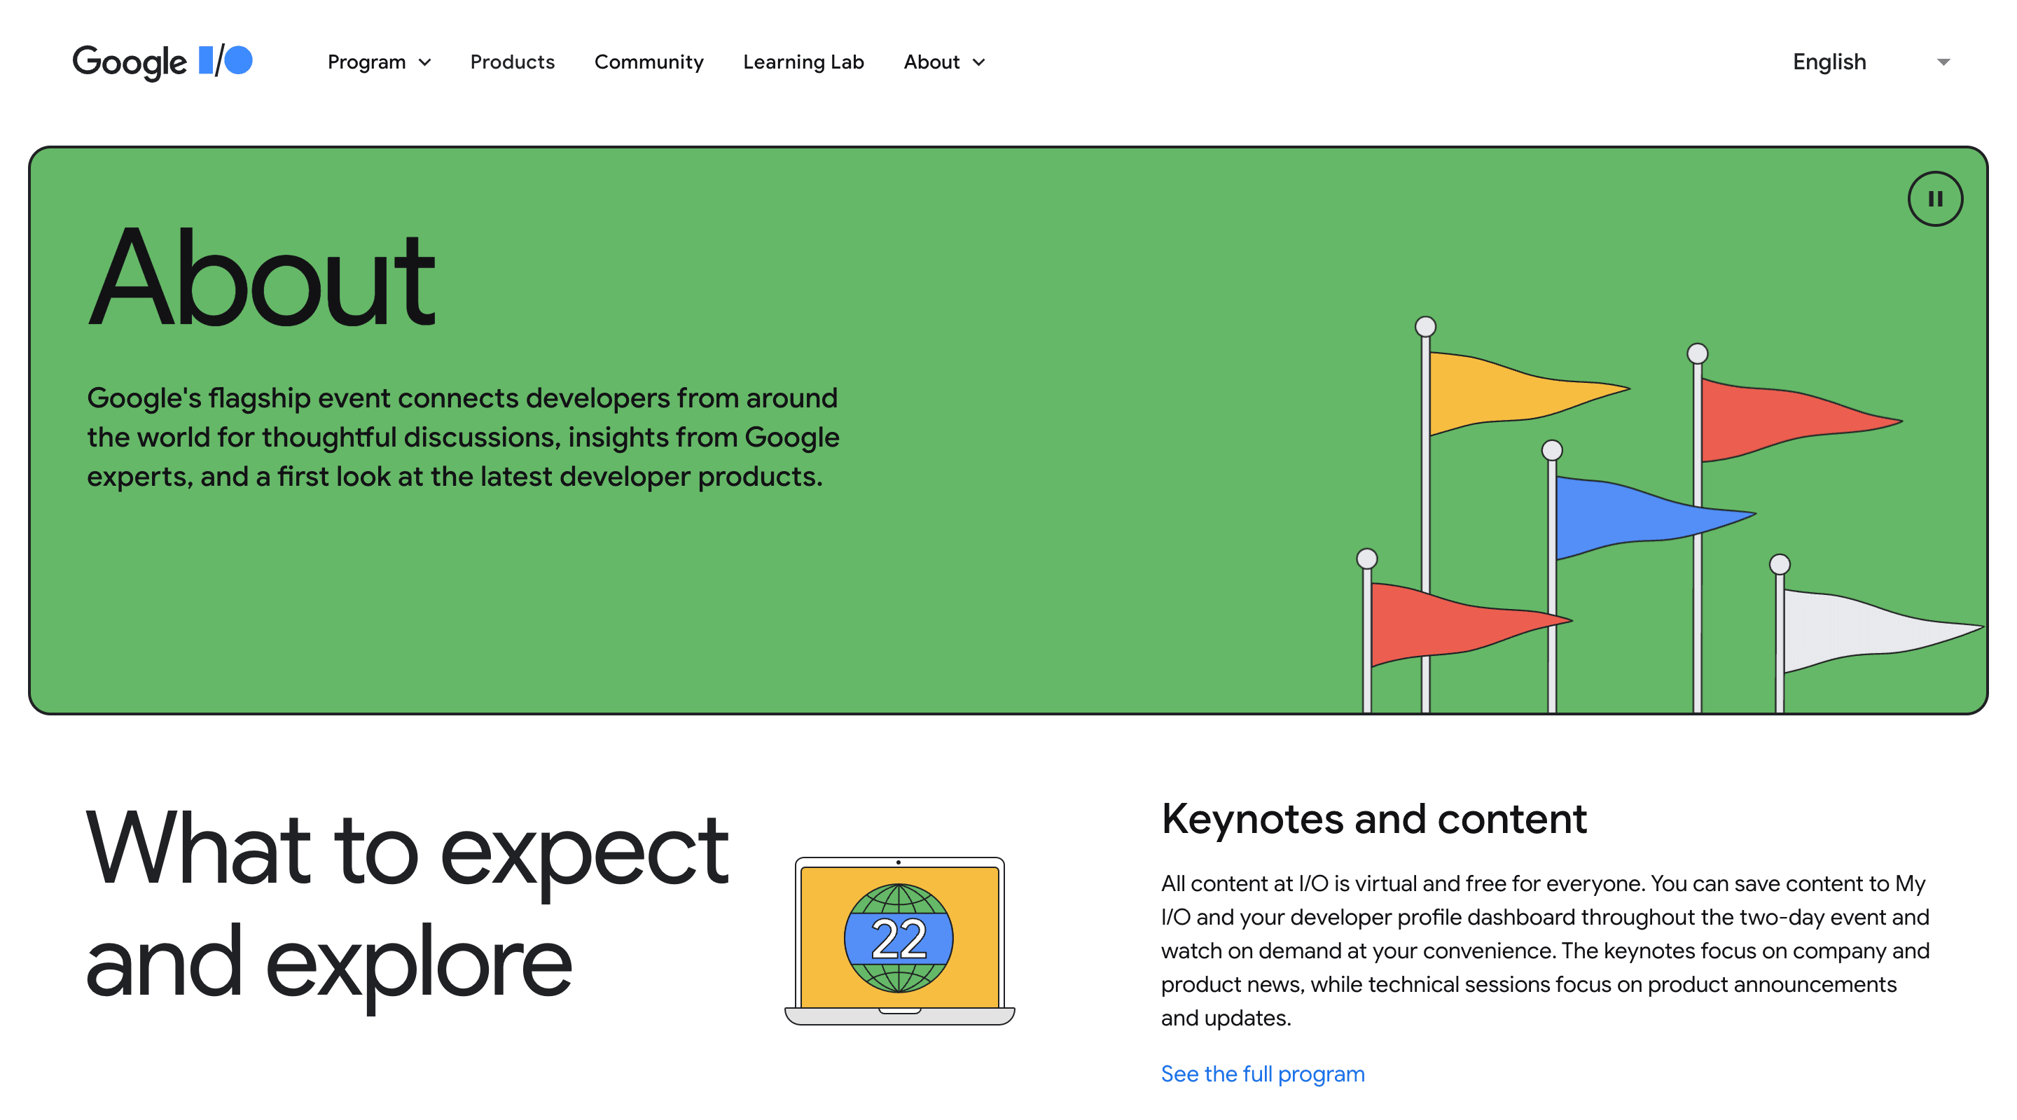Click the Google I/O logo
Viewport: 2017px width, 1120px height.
click(162, 61)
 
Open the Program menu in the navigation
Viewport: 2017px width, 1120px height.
click(379, 62)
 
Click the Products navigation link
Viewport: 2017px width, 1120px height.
click(512, 62)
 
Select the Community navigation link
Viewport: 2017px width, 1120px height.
click(649, 62)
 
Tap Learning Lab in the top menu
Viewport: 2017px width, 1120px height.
click(803, 62)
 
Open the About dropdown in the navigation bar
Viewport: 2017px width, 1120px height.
click(943, 62)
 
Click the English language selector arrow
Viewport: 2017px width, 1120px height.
click(1943, 62)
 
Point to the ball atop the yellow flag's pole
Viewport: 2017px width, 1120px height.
click(1425, 326)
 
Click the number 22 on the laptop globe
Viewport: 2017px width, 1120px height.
click(898, 939)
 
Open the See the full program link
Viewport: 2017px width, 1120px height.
click(1262, 1074)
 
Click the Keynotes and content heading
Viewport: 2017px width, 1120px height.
click(1373, 820)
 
